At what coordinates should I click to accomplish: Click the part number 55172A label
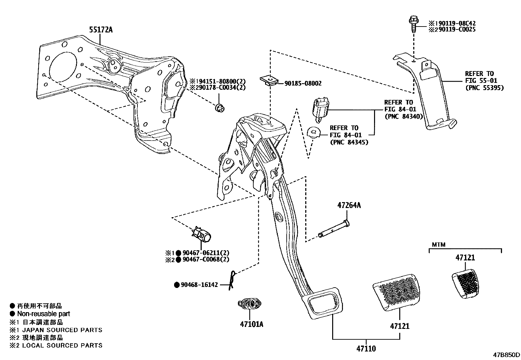pyautogui.click(x=101, y=30)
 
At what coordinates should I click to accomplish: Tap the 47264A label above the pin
pyautogui.click(x=349, y=206)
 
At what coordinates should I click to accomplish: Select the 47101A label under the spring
pyautogui.click(x=251, y=324)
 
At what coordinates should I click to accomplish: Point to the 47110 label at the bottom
pyautogui.click(x=366, y=349)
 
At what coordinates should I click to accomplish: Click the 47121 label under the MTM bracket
pyautogui.click(x=465, y=258)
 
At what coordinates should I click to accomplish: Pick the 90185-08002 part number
pyautogui.click(x=303, y=84)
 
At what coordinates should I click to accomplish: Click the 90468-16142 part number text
pyautogui.click(x=199, y=285)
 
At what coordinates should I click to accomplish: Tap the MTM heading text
pyautogui.click(x=439, y=244)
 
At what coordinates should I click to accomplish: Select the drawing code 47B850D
pyautogui.click(x=507, y=355)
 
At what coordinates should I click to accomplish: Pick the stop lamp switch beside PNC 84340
pyautogui.click(x=320, y=107)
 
